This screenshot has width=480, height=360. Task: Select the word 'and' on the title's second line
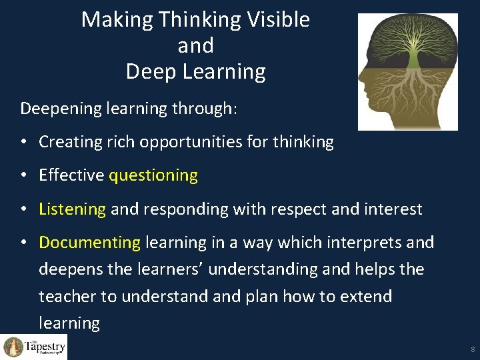click(195, 46)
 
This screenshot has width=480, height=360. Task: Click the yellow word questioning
click(153, 176)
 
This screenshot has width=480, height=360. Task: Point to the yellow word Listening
click(72, 209)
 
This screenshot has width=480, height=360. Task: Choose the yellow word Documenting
click(89, 243)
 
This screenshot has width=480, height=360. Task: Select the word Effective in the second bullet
click(71, 175)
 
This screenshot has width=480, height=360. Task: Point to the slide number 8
click(472, 349)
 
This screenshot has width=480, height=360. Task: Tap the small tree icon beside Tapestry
click(13, 347)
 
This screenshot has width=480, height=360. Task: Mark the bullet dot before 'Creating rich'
click(24, 143)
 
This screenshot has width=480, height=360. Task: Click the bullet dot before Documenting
click(24, 243)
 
